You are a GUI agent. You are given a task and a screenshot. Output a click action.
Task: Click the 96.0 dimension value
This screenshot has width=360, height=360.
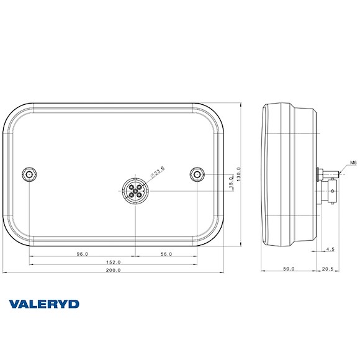(x=82, y=254)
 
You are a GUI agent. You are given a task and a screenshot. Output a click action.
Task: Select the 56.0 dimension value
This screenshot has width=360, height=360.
(x=166, y=254)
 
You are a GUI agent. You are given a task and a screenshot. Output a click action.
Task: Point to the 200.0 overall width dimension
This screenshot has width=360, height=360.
(x=114, y=271)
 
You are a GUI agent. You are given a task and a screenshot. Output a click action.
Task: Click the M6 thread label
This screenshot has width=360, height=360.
(x=353, y=163)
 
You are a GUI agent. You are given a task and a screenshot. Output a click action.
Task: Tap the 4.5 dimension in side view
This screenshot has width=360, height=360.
(x=330, y=250)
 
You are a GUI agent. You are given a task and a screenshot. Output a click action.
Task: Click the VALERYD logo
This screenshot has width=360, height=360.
(x=44, y=304)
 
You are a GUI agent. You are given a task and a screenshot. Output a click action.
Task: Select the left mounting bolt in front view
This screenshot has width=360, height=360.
(x=30, y=174)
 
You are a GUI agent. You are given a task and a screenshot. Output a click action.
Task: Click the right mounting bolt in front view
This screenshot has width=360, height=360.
(x=197, y=174)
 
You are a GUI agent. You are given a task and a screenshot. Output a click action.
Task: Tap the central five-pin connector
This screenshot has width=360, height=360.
(x=135, y=190)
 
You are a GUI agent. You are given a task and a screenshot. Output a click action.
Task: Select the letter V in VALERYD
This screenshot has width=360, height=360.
(x=14, y=304)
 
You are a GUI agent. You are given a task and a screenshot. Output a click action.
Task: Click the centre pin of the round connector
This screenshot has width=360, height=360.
(x=135, y=190)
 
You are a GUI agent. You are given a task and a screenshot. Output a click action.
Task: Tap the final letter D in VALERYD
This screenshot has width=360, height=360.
(x=74, y=304)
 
